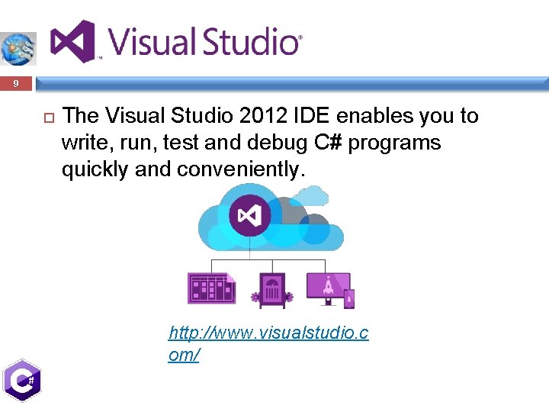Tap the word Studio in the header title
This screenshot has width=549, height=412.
click(247, 42)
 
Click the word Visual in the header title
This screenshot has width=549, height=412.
click(149, 42)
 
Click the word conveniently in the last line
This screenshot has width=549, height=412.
click(241, 169)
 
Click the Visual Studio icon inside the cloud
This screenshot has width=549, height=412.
click(250, 214)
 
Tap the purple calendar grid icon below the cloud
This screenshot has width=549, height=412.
click(211, 288)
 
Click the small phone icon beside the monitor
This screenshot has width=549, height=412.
click(349, 298)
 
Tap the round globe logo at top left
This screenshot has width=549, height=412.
click(17, 48)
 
